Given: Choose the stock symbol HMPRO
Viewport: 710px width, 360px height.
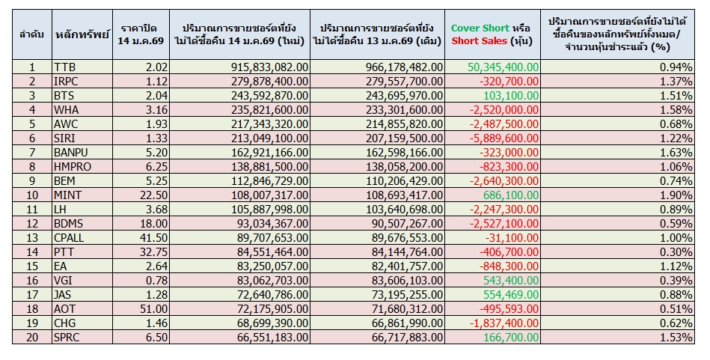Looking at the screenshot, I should point(73,166).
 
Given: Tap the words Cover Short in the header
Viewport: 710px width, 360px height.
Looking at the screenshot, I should point(480,28).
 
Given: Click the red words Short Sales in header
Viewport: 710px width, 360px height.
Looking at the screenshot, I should point(479,40).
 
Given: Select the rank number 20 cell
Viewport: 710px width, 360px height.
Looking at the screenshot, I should point(32,337).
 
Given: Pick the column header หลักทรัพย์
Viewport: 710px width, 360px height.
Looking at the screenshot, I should point(82,34).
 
